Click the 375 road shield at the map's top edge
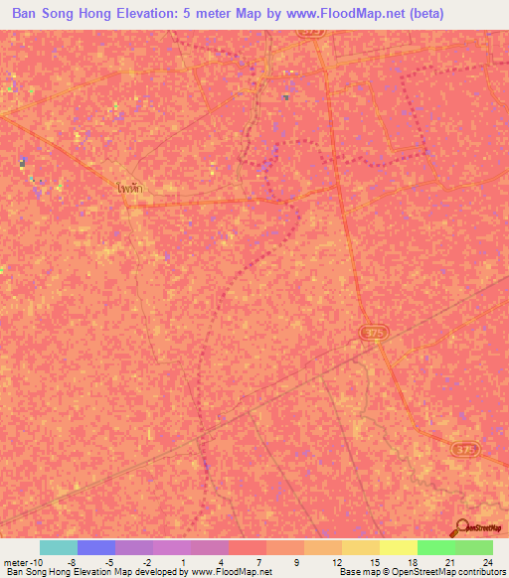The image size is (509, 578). (310, 33)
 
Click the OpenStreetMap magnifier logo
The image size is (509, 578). (461, 527)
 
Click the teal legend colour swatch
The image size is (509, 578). (58, 547)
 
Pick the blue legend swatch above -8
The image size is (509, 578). (95, 547)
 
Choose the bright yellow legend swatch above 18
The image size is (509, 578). (398, 547)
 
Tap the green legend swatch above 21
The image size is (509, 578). (435, 547)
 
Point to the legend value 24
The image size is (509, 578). (487, 561)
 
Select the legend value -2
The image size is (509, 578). (147, 561)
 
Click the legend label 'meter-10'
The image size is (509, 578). (21, 561)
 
